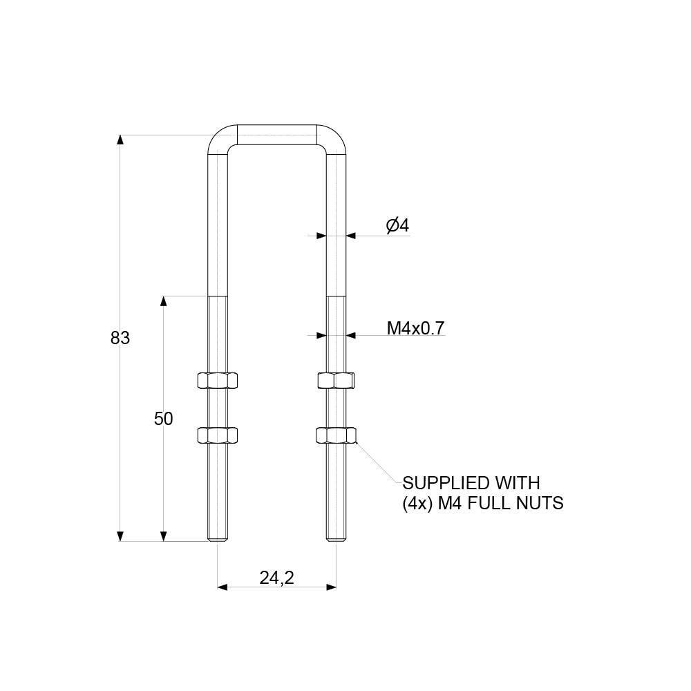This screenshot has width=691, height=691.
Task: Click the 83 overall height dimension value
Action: [x=120, y=339]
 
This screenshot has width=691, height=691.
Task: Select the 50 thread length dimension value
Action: [x=163, y=419]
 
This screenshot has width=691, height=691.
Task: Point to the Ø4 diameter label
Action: [x=398, y=225]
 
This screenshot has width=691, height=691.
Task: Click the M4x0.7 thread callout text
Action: [x=415, y=328]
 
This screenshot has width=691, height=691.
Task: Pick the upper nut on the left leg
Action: [x=218, y=380]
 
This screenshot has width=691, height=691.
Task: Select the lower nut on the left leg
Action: [x=218, y=435]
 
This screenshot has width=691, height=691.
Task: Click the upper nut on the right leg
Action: [x=336, y=380]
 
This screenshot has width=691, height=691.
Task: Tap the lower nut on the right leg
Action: [x=336, y=435]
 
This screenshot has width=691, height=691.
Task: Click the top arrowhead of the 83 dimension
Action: [x=120, y=140]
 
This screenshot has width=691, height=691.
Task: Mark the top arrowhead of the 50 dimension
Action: [x=164, y=301]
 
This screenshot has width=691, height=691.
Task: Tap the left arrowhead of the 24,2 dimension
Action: [x=223, y=587]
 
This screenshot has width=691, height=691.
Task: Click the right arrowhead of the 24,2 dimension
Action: [x=332, y=587]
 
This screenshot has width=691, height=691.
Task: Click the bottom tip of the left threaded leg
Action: [x=218, y=539]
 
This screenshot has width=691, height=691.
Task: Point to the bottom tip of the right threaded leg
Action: [x=336, y=539]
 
